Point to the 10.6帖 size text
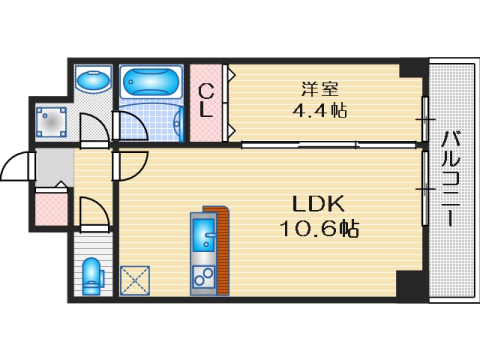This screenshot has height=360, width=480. (x=319, y=229)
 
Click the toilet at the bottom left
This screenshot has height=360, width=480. (x=92, y=275)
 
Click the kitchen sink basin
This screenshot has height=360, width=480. (x=203, y=237)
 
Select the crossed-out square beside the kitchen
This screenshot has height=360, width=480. (x=134, y=280)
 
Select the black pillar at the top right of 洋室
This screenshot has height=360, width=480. (x=411, y=69)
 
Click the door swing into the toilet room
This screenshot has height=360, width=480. (x=92, y=212)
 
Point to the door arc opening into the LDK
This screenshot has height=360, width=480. (x=133, y=162)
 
